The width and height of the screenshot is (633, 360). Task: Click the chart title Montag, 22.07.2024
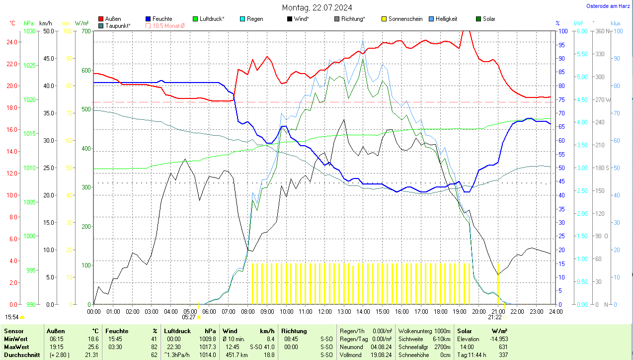coord(317,7)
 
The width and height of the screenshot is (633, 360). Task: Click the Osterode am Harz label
coord(608,6)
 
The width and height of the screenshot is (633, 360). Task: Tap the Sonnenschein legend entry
coord(405,19)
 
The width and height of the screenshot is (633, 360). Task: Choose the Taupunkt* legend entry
coord(118,25)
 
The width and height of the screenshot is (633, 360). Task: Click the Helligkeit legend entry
coord(446,19)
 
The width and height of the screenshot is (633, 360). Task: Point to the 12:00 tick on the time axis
coord(325,312)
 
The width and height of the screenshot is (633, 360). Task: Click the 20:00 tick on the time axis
coord(479,312)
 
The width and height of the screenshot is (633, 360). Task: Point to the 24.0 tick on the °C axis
coord(15,42)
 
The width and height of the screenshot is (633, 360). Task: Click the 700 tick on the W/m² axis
coord(85,31)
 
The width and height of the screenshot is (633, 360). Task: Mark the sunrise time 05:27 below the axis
coord(189,317)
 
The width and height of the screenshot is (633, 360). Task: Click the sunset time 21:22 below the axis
coord(494,317)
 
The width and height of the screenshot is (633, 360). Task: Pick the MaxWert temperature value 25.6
coord(92,347)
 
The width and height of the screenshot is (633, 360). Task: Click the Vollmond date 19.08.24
coord(381,355)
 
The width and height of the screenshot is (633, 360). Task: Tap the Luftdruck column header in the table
coord(178,331)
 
